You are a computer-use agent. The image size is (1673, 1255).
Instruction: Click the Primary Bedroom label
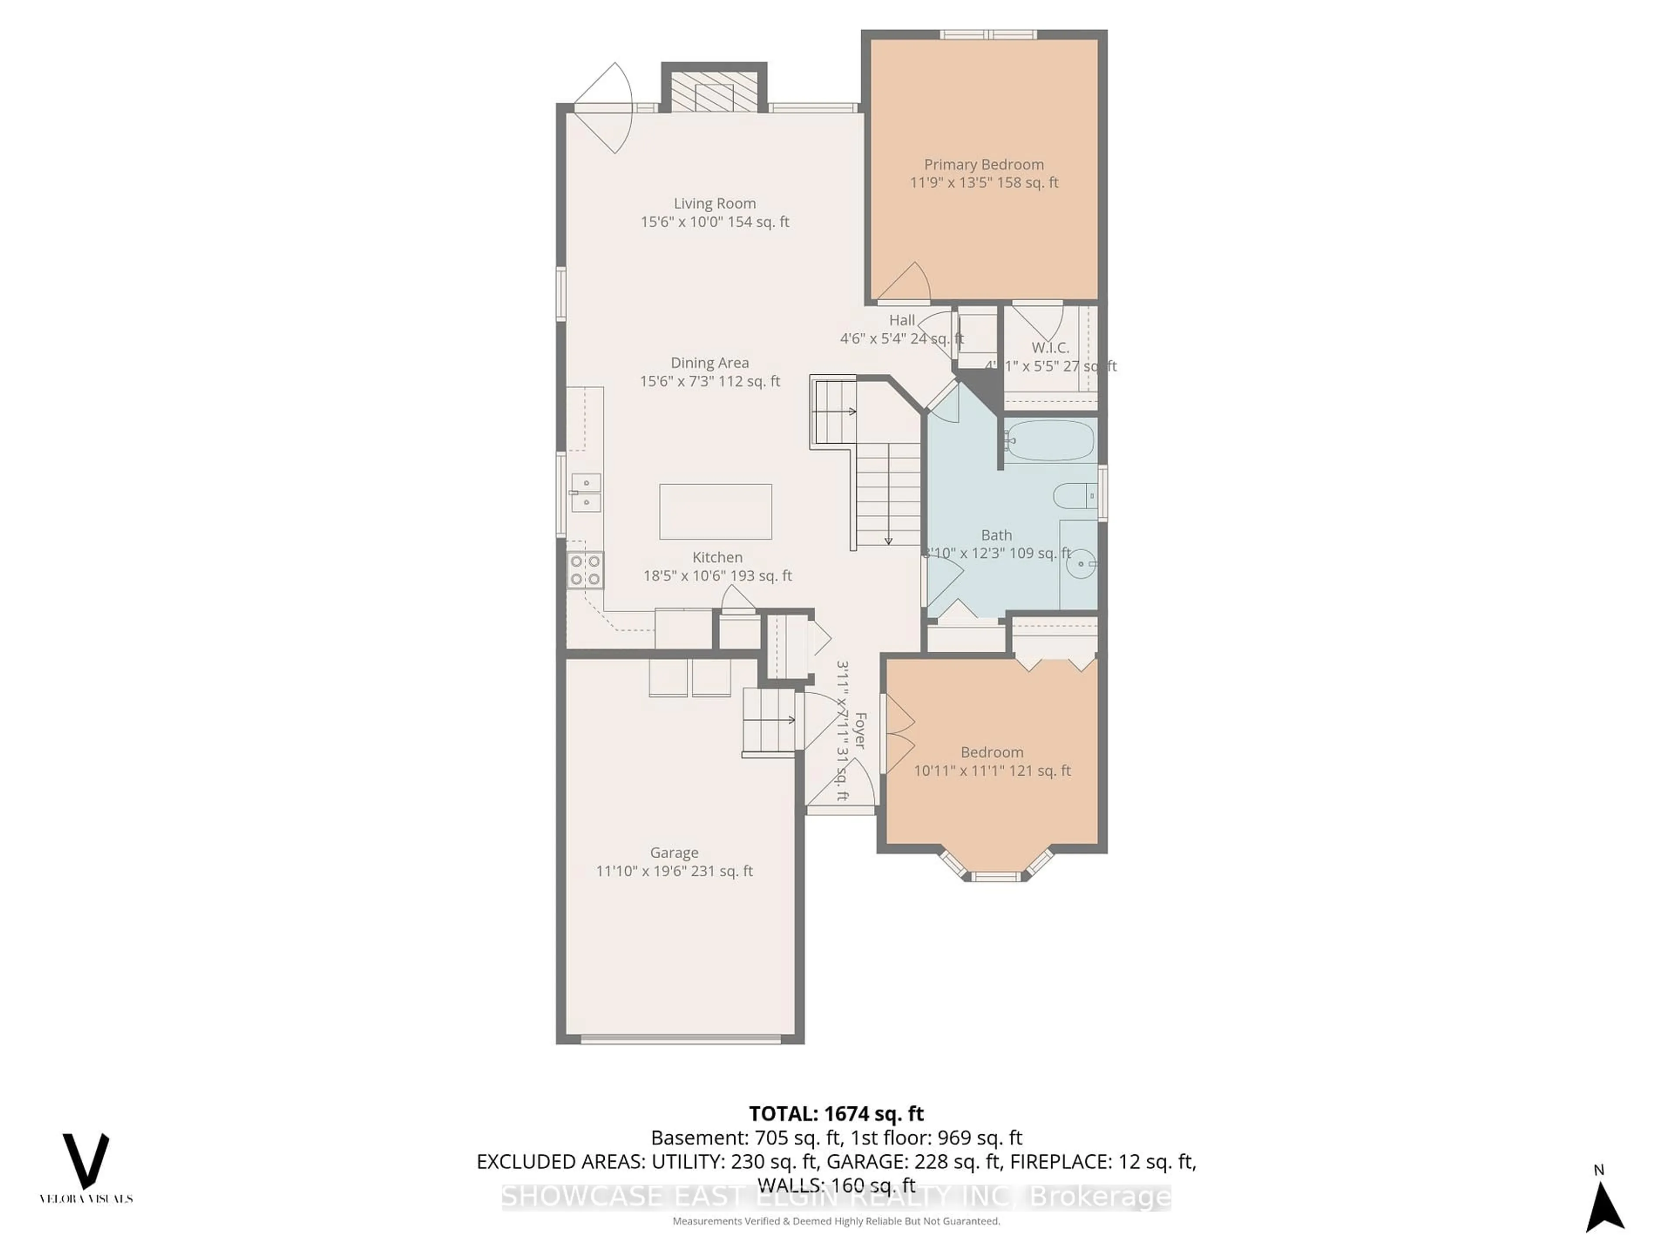(x=983, y=165)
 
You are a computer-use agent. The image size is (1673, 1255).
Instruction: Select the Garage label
(x=674, y=852)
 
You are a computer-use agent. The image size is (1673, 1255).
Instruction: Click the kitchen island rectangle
(x=715, y=512)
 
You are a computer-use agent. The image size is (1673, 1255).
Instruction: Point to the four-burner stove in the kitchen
(x=586, y=570)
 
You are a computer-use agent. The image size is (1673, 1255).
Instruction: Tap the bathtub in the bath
(x=1050, y=440)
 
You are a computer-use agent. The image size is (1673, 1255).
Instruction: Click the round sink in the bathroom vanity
(x=1084, y=563)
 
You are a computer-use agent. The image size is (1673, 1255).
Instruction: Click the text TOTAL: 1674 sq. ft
(x=836, y=1113)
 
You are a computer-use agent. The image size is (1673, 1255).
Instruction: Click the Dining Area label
(x=709, y=363)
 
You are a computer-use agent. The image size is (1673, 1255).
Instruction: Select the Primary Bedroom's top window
(x=988, y=34)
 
